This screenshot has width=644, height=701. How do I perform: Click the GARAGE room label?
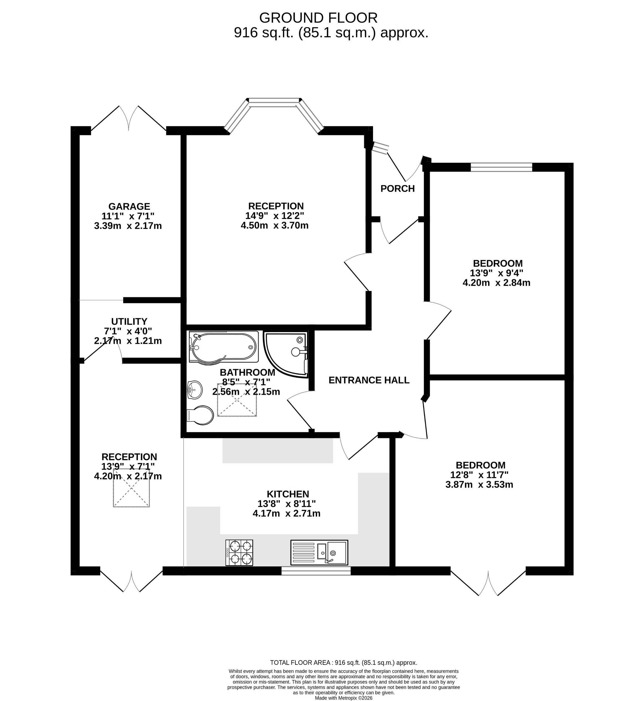pos(129,206)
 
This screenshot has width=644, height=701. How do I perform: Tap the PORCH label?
pos(397,189)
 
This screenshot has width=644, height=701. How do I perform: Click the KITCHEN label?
pos(288,494)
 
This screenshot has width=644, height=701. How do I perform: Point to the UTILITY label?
pos(129,321)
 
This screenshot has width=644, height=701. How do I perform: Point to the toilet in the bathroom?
pos(200,415)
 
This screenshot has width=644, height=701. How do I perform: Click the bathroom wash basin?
pos(195,389)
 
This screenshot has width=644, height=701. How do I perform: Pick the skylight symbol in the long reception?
pos(131,488)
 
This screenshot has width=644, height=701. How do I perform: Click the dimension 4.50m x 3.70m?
pos(275,225)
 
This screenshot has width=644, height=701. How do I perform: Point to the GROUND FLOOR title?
pos(318,18)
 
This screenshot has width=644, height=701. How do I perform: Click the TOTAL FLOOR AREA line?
pos(343,663)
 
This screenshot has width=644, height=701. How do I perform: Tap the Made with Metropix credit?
pos(343,698)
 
